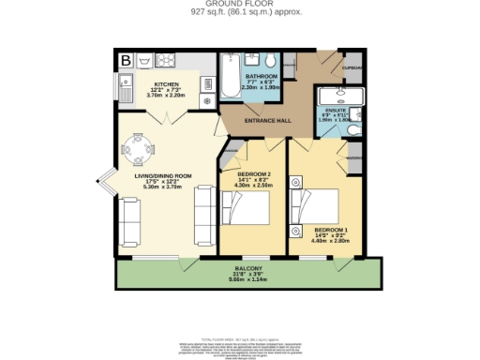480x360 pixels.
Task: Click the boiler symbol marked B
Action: [x=125, y=62]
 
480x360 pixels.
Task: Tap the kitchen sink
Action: [x=126, y=91]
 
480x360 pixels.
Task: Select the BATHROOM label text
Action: [x=261, y=75]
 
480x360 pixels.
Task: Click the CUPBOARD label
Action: [x=352, y=67]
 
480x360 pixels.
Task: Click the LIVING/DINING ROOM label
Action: [x=163, y=175]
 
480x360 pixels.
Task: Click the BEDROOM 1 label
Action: [x=331, y=230]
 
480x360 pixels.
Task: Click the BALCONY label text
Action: [x=248, y=267]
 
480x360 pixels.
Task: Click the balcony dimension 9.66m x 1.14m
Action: [x=248, y=278]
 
